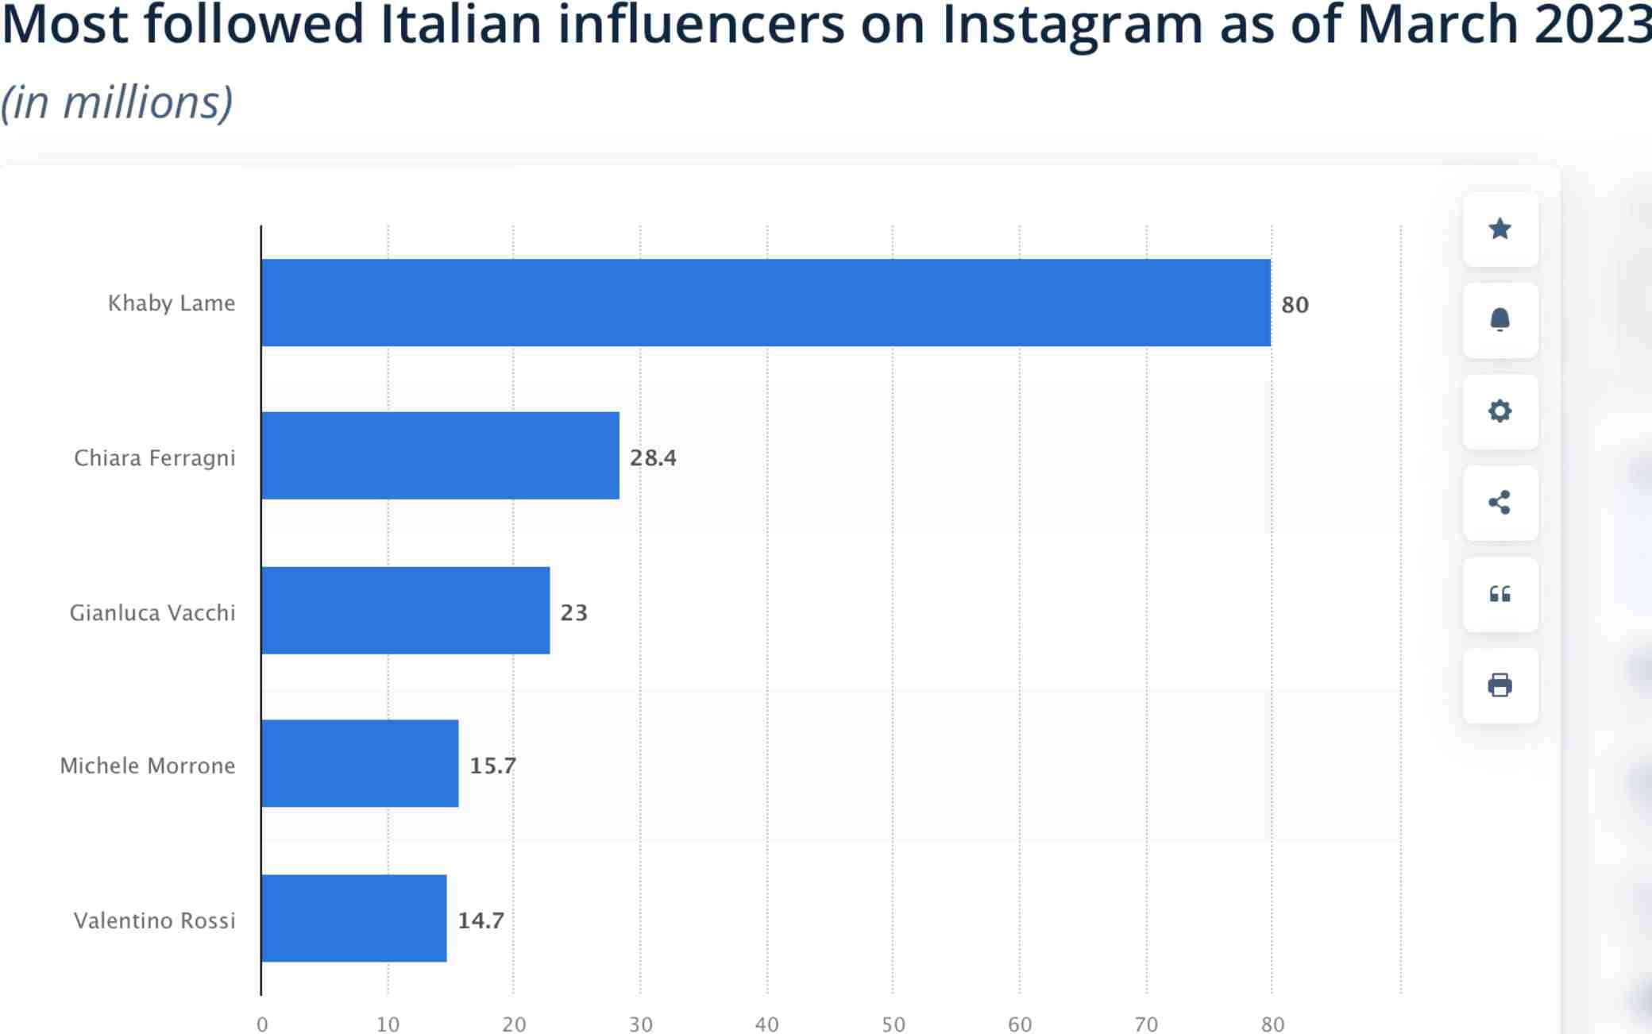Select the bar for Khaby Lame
(x=766, y=303)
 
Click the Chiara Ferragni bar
(x=440, y=456)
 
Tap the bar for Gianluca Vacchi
(x=405, y=611)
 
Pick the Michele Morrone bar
(x=360, y=764)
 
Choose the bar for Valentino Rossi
(x=353, y=919)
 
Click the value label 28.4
(x=653, y=458)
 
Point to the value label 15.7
(x=492, y=766)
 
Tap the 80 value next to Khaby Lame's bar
(x=1295, y=305)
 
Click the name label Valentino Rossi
(x=155, y=920)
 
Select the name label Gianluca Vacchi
(x=152, y=613)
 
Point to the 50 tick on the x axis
(x=893, y=1024)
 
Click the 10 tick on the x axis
(x=388, y=1024)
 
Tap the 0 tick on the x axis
(x=262, y=1024)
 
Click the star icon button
(x=1500, y=230)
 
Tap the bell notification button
(x=1500, y=320)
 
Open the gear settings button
(x=1500, y=411)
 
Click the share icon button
(x=1500, y=503)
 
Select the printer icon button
(x=1500, y=685)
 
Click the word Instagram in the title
(x=1071, y=25)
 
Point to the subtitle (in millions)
(x=117, y=102)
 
